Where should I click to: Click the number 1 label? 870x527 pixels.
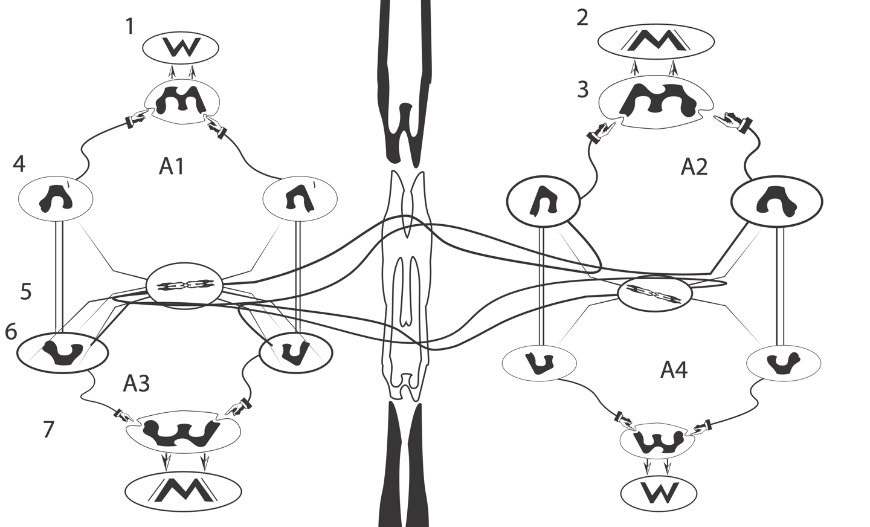click(130, 27)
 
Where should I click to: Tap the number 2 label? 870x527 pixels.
click(582, 18)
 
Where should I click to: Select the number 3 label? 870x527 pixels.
click(582, 89)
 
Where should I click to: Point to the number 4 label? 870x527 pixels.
click(19, 164)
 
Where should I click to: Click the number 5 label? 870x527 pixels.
click(26, 291)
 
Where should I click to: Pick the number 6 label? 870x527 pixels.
click(11, 332)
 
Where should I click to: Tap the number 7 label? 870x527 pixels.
click(49, 430)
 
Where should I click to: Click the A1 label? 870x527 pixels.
click(172, 167)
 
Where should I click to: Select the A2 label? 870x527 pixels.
click(694, 167)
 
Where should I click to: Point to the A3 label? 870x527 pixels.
click(137, 383)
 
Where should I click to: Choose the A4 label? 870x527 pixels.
click(674, 369)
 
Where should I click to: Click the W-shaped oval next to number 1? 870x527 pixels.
click(181, 47)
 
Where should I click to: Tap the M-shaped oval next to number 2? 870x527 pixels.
click(656, 42)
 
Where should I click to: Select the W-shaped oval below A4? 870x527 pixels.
click(659, 493)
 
